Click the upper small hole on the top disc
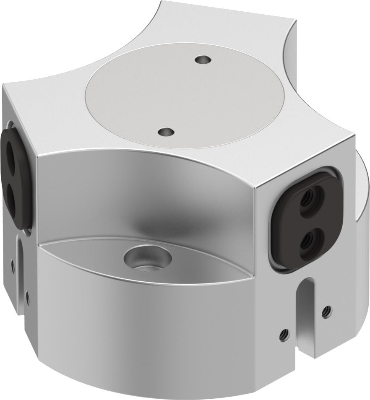[203, 60]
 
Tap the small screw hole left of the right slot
[284, 334]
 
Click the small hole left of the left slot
[13, 264]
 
